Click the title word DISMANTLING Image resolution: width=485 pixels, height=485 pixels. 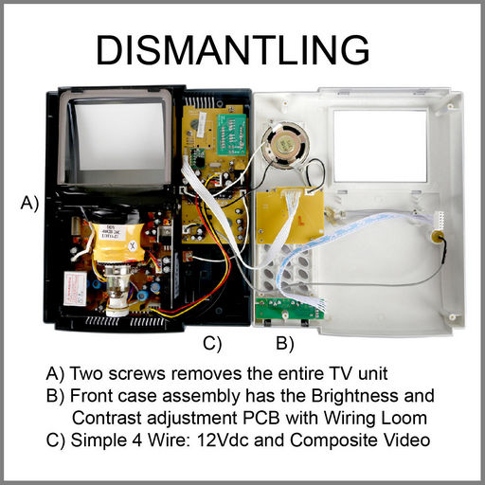[x=233, y=50]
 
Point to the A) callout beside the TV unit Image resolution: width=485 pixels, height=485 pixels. [x=29, y=203]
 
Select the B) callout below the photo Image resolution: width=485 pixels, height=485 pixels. [x=285, y=343]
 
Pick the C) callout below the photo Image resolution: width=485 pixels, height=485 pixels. [x=212, y=343]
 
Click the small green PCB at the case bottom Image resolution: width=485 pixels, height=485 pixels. [x=290, y=309]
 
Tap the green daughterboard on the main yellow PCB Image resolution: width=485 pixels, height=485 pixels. [x=231, y=134]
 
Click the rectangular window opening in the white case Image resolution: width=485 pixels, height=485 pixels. [x=380, y=146]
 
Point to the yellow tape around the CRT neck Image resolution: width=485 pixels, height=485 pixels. [x=117, y=242]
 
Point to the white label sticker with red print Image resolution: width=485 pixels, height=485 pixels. [x=75, y=288]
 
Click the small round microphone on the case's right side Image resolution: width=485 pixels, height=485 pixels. [x=438, y=236]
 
